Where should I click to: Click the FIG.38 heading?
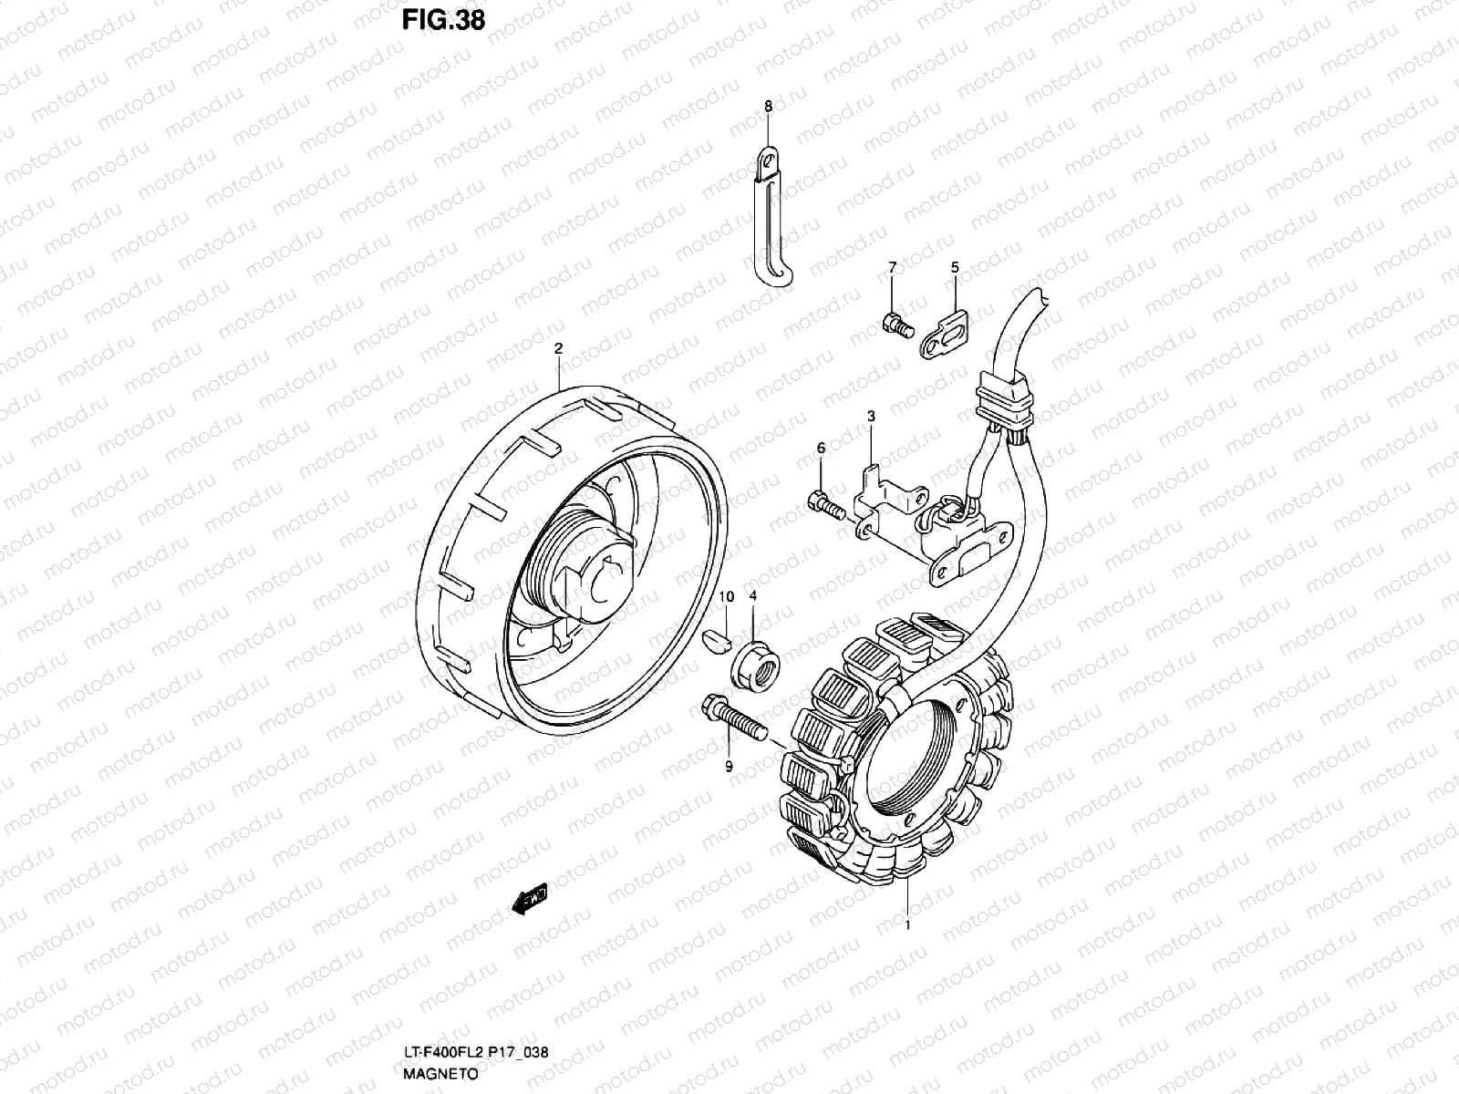tap(444, 21)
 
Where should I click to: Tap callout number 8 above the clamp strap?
tap(768, 107)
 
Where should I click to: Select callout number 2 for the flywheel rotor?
tap(558, 347)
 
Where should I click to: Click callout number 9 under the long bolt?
tap(729, 767)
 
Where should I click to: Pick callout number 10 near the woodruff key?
tap(727, 596)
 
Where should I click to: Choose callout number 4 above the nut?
tap(753, 596)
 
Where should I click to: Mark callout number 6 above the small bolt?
tap(821, 448)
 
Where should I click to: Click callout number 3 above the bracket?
tap(871, 416)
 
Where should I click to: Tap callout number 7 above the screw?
tap(893, 267)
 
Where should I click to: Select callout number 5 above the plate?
tap(955, 267)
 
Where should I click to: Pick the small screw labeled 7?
tap(895, 324)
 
